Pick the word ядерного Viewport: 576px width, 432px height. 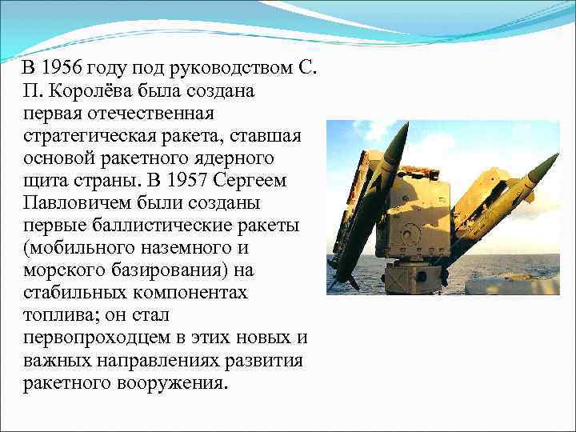[x=239, y=158]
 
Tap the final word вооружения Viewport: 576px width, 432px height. [x=167, y=382]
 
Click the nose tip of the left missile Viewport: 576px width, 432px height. [x=406, y=126]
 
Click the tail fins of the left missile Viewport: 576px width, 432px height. [x=346, y=276]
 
